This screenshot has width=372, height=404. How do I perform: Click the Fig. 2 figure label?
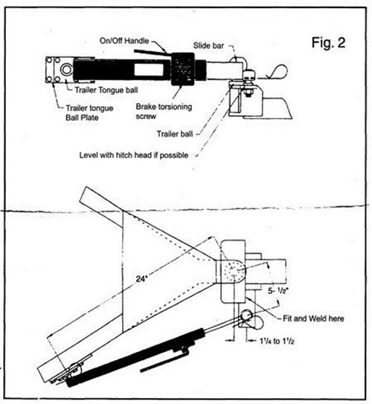click(328, 42)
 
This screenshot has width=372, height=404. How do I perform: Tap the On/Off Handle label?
click(124, 41)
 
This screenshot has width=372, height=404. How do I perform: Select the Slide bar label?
click(208, 45)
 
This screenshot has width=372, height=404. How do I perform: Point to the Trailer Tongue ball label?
click(106, 90)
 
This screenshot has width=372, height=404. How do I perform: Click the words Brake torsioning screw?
click(164, 112)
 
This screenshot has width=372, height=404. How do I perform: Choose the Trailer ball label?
click(175, 134)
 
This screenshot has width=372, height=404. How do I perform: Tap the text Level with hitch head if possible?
click(134, 155)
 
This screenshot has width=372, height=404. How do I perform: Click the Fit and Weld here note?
click(313, 318)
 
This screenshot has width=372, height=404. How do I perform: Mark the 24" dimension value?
click(141, 279)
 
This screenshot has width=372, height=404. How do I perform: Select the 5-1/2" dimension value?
click(278, 291)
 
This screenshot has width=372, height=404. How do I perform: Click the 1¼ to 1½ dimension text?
click(277, 342)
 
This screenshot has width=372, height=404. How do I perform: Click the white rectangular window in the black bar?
click(149, 70)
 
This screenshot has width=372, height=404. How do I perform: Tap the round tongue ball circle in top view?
click(66, 70)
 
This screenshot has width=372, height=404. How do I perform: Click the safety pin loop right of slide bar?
click(279, 71)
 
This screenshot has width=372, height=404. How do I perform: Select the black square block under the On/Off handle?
click(182, 69)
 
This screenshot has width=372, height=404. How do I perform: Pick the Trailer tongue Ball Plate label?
click(89, 113)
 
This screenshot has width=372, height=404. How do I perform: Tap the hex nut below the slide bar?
click(248, 92)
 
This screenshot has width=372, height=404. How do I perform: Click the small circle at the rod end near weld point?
click(246, 315)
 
